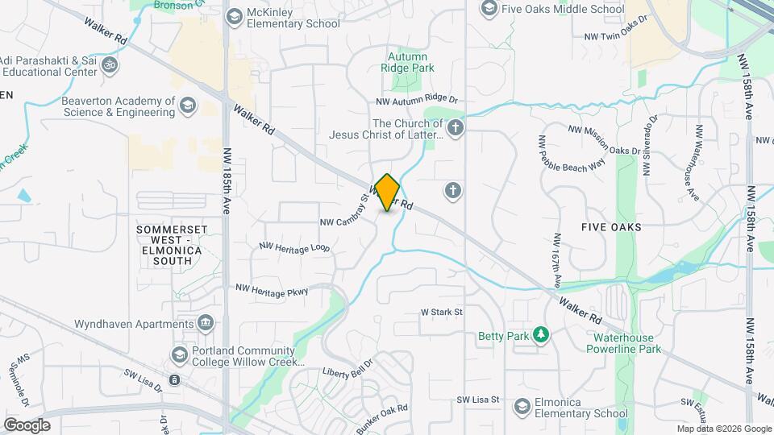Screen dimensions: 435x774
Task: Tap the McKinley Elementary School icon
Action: click(x=235, y=16)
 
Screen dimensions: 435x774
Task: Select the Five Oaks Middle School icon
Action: click(x=489, y=9)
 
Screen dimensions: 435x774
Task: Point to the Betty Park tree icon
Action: click(x=543, y=335)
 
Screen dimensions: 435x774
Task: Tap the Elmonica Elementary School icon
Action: click(x=522, y=406)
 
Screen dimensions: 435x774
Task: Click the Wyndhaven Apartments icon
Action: click(x=206, y=323)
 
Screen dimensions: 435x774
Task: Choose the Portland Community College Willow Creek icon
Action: click(x=178, y=354)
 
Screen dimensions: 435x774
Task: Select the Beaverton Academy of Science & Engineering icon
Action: click(x=187, y=106)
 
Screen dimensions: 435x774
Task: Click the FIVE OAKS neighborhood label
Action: click(x=611, y=227)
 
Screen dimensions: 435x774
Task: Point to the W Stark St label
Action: click(x=442, y=311)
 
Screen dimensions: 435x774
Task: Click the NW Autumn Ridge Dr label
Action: click(x=416, y=101)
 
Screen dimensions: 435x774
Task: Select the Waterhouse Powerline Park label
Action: click(x=627, y=343)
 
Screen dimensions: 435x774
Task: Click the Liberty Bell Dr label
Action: click(x=350, y=373)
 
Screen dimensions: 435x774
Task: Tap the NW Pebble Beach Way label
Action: click(x=571, y=153)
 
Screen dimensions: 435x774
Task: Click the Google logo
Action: click(x=27, y=425)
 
